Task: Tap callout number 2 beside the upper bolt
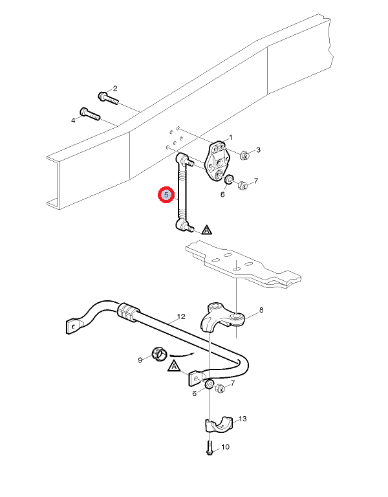click(115, 89)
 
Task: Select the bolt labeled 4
click(90, 114)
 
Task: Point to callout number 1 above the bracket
click(231, 138)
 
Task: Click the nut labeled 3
click(244, 155)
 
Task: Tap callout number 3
click(258, 149)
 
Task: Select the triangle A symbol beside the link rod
click(206, 230)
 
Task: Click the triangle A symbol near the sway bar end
click(174, 366)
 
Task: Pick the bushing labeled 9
click(159, 353)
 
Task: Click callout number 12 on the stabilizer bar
click(181, 316)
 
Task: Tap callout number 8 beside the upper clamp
click(261, 310)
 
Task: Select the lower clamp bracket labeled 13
click(219, 425)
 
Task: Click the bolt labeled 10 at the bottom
click(210, 448)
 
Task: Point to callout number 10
click(225, 447)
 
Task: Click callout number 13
click(242, 419)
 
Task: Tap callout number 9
click(140, 360)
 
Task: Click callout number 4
click(73, 120)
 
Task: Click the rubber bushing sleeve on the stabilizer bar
click(128, 311)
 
